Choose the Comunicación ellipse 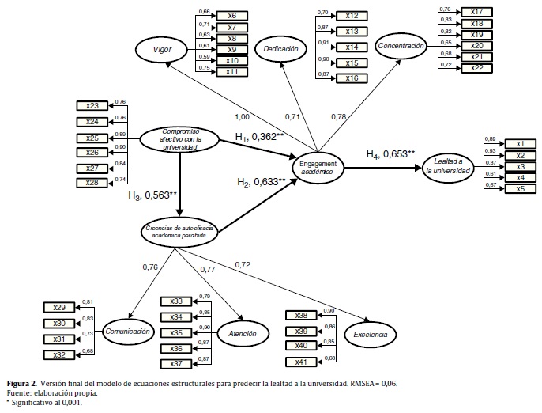pyautogui.click(x=126, y=332)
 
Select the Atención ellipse pyautogui.click(x=242, y=333)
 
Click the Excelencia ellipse pyautogui.click(x=371, y=335)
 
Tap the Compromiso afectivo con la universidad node pyautogui.click(x=180, y=140)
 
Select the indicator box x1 pyautogui.click(x=521, y=143)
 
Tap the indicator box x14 pyautogui.click(x=352, y=47)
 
